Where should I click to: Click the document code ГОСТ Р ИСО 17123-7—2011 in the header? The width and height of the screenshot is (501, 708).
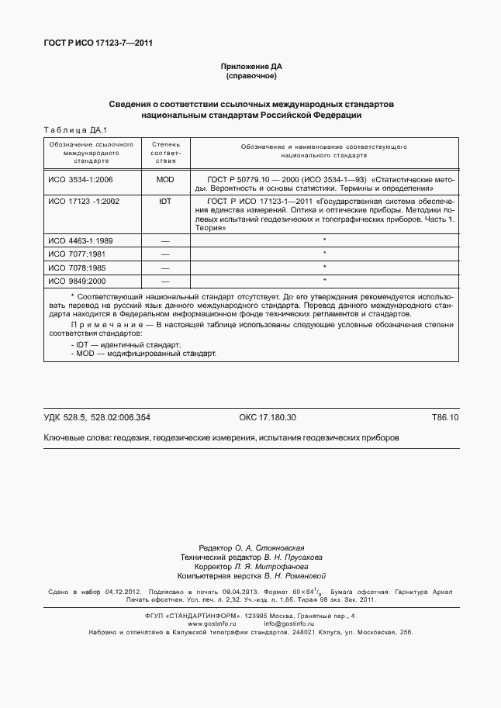point(98,43)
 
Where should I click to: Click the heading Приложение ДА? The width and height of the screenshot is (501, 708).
point(250,67)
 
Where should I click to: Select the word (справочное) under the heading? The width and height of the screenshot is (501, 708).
point(250,77)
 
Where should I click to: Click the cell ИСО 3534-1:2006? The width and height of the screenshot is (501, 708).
point(81,179)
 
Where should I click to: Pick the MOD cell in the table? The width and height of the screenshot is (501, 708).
point(164,179)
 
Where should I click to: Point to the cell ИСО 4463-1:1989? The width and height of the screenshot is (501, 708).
point(81,241)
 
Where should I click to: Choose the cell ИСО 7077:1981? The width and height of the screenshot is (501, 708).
point(77,254)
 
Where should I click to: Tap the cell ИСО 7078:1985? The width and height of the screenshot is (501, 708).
point(77,267)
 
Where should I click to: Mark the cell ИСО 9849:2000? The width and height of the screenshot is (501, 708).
point(77,280)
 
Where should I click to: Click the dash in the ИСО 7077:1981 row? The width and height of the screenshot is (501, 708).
point(164,254)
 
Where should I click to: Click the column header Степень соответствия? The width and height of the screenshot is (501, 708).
point(165,153)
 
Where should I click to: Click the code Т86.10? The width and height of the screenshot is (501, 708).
point(445,418)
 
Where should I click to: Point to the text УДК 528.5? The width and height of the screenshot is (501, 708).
point(64,418)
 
